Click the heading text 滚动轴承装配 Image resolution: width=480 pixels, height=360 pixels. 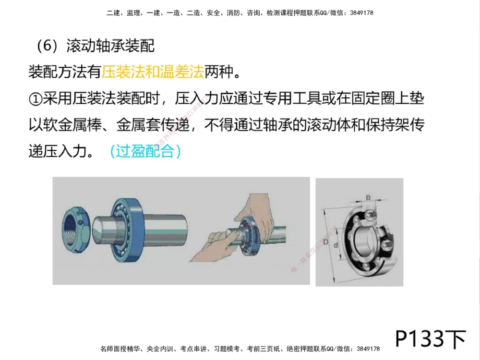click(110, 47)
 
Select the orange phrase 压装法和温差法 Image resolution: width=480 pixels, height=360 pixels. click(153, 73)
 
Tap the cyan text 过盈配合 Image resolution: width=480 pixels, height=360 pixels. click(145, 151)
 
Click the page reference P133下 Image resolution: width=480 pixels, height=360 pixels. click(430, 339)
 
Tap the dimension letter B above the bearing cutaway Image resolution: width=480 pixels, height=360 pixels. click(368, 197)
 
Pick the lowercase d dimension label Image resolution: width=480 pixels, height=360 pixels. click(336, 245)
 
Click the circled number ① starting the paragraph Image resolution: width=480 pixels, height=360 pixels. click(35, 99)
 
